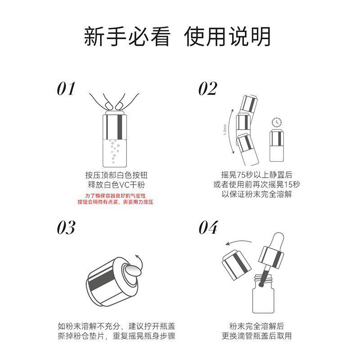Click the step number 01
[x=66, y=89]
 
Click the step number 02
[x=207, y=89]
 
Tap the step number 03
[x=66, y=228]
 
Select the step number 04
[x=208, y=228]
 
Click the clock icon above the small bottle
[x=277, y=122]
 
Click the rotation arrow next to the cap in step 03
[x=139, y=262]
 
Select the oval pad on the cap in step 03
[x=132, y=270]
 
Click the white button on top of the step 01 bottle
[x=115, y=113]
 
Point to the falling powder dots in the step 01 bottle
[x=114, y=151]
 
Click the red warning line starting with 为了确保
[x=115, y=196]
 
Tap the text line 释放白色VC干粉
[x=117, y=184]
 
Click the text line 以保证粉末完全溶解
[x=256, y=194]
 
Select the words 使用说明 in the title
[x=227, y=37]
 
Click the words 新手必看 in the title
[x=127, y=37]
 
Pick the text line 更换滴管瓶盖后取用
[x=256, y=336]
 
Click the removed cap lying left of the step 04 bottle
[x=237, y=265]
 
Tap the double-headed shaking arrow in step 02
[x=230, y=131]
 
